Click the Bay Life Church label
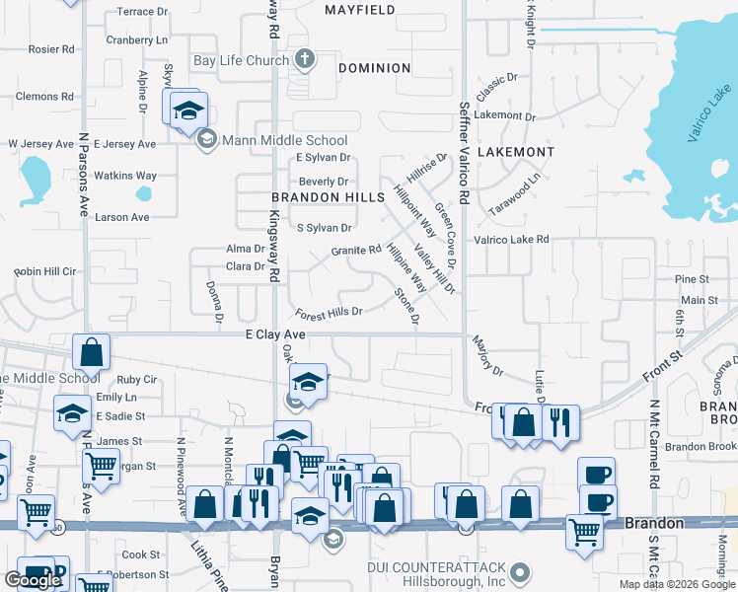pyautogui.click(x=241, y=60)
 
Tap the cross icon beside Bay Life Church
pyautogui.click(x=305, y=60)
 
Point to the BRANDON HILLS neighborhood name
pyautogui.click(x=328, y=197)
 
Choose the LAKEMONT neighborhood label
pyautogui.click(x=515, y=152)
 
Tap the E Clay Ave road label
pyautogui.click(x=275, y=335)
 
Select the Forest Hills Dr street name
pyautogui.click(x=329, y=313)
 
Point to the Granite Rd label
pyautogui.click(x=355, y=251)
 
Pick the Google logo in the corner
pyautogui.click(x=32, y=580)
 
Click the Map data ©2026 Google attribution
pyautogui.click(x=676, y=584)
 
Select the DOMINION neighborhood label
pyautogui.click(x=374, y=68)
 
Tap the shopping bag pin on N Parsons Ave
pyautogui.click(x=91, y=351)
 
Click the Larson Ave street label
pyautogui.click(x=122, y=217)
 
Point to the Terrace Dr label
pyautogui.click(x=143, y=12)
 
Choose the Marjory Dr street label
pyautogui.click(x=486, y=358)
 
